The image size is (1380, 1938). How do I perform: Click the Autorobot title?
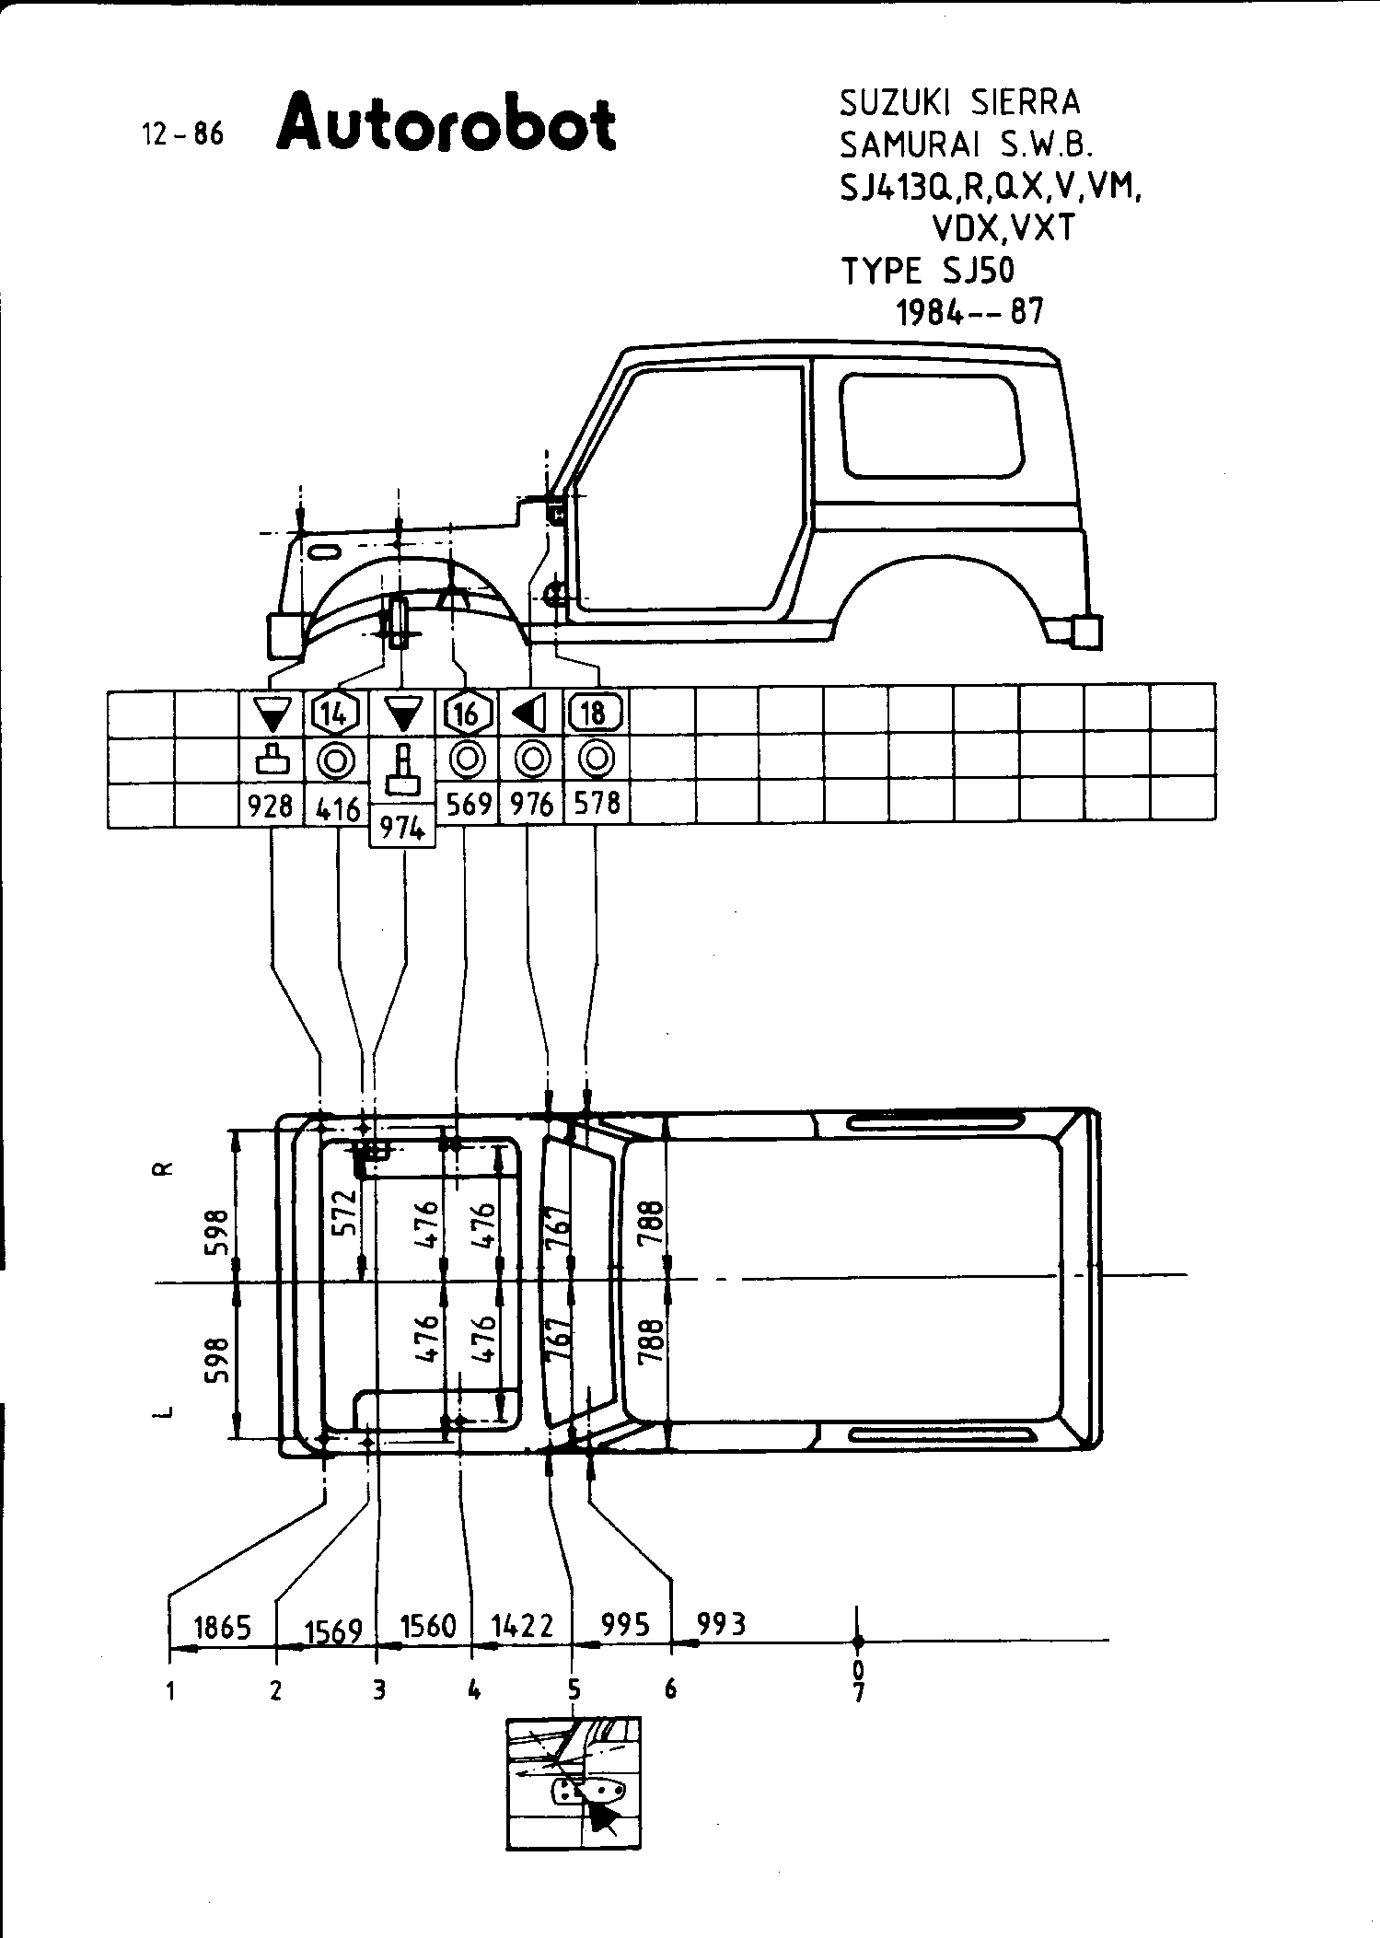coord(446,122)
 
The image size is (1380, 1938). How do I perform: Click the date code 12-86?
coord(183,134)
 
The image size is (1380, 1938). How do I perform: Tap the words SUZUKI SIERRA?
coord(959,103)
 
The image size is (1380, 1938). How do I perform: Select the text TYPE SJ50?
coord(927,271)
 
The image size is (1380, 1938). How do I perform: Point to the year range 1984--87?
coord(970,313)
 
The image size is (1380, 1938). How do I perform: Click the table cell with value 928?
coord(271,807)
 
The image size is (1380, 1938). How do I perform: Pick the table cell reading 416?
coord(337,808)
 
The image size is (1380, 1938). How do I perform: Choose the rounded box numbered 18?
coord(596,713)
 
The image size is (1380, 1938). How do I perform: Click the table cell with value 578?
coord(597,805)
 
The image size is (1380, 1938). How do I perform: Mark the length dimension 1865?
coord(224,1628)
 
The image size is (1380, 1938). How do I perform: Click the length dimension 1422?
coord(522,1625)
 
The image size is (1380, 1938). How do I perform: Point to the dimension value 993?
coord(721,1624)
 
